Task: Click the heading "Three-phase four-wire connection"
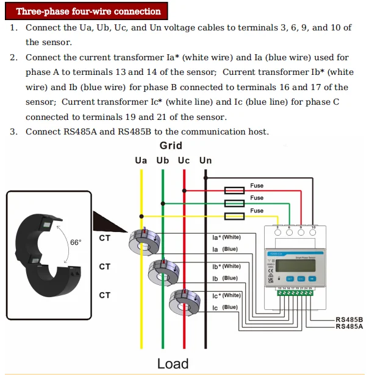88,12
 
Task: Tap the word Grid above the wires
171,145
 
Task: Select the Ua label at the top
141,160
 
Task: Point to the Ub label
163,160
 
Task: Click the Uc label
184,160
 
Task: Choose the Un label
206,160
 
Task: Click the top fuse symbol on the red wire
235,190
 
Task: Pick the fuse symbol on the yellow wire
235,216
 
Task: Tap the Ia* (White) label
226,237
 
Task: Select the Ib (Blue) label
225,278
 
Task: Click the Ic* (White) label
226,295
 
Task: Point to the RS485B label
349,319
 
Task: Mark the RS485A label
349,326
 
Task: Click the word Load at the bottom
173,363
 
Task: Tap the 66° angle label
76,242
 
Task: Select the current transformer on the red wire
184,301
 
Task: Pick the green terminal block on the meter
295,293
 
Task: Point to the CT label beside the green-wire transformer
105,266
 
